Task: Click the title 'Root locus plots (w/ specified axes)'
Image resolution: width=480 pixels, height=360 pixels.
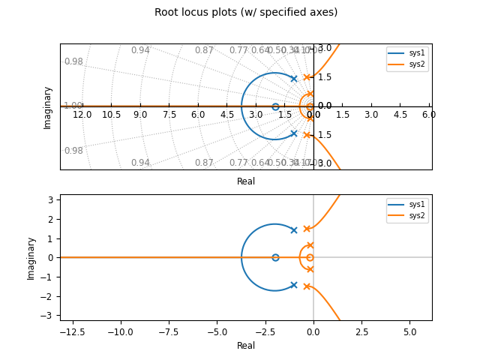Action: pos(246,13)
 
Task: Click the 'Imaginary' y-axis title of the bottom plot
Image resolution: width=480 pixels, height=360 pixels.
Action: pos(31,258)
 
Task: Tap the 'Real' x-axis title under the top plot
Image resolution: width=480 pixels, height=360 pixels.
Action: pos(246,181)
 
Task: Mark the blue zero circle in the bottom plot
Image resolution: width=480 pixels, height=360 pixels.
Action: pos(275,257)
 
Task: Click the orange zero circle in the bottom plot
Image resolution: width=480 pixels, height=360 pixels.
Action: pos(310,257)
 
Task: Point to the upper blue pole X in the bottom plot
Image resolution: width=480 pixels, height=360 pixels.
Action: pos(294,230)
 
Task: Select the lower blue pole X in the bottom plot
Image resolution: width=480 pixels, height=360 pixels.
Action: pos(294,285)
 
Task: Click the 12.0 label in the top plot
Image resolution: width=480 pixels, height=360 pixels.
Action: pos(82,115)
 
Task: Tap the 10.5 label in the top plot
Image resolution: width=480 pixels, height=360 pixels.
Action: pos(111,115)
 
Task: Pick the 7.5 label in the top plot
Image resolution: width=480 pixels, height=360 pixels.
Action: pos(169,115)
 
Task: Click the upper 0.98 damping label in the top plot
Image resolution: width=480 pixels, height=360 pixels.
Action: pos(73,61)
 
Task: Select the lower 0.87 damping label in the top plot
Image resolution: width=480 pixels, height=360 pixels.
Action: pos(204,163)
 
